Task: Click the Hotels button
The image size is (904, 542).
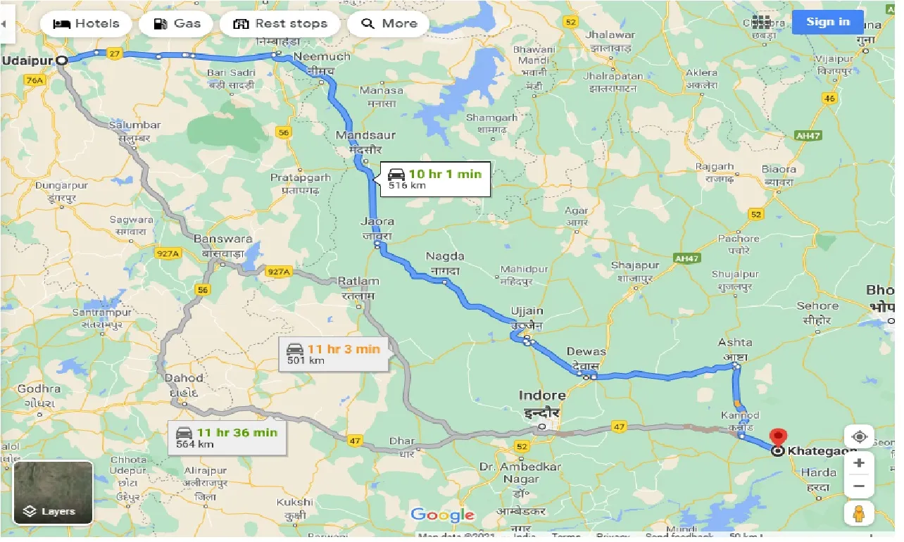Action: point(85,23)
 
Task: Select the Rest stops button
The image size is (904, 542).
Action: point(280,23)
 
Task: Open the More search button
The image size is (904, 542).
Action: point(389,23)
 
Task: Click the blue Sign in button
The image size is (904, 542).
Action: point(827,22)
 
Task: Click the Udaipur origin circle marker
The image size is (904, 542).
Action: point(62,61)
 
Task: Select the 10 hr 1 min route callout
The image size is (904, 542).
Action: point(434,179)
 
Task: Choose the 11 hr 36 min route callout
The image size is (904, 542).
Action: point(227,437)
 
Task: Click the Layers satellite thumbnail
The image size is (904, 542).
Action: point(54,493)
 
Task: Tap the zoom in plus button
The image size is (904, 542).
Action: point(858,463)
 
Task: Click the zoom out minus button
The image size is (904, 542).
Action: point(858,486)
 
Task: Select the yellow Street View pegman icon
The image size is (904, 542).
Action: point(858,514)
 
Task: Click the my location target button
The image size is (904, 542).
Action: point(858,436)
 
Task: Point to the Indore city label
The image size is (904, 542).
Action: point(542,396)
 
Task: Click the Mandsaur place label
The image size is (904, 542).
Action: point(366,135)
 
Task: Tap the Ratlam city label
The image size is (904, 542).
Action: point(358,282)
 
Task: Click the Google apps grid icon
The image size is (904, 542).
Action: point(761,22)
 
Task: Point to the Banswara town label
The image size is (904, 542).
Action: point(222,239)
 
